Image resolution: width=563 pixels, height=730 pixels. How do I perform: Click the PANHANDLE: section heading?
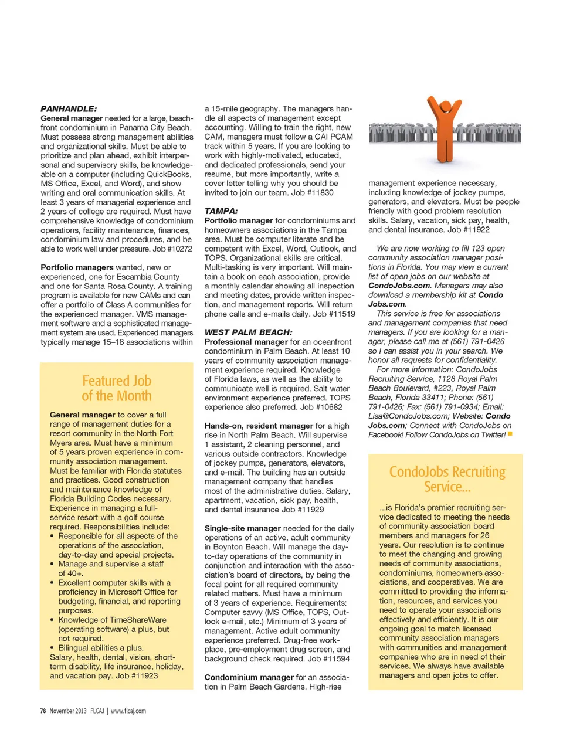tap(69, 108)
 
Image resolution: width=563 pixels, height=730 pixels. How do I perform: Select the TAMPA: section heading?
tap(221, 211)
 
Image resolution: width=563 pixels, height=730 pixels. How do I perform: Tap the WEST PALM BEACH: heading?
tap(248, 332)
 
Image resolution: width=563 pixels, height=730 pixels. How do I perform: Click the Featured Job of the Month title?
tap(117, 388)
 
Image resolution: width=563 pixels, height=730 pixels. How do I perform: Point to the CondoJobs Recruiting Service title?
tap(447, 479)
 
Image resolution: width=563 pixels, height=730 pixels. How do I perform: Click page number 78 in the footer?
tap(43, 711)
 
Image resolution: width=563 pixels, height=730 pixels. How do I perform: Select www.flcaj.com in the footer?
tap(128, 711)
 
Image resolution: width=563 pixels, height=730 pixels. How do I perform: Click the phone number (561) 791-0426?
tap(463, 341)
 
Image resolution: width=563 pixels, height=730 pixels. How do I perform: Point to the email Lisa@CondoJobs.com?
tap(408, 416)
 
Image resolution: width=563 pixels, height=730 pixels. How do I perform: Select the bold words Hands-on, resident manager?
tap(259, 426)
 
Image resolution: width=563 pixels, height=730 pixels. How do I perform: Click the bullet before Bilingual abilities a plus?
tap(52, 648)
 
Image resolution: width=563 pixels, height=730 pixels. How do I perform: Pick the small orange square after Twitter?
tap(510, 434)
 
